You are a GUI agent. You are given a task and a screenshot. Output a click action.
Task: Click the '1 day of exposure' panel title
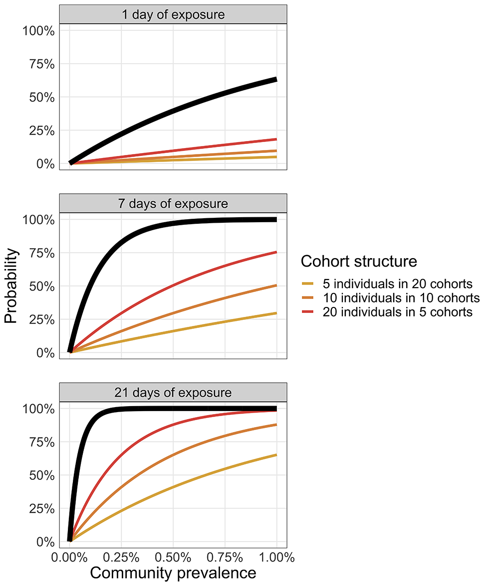point(173,14)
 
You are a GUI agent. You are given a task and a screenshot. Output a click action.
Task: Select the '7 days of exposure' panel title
point(173,204)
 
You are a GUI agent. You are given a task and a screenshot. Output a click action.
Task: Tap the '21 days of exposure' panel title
point(173,393)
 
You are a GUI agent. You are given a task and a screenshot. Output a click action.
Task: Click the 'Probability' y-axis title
point(11,286)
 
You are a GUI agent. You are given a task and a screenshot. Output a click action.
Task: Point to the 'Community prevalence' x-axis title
point(173,573)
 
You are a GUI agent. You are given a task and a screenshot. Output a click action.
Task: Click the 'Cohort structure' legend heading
point(359,261)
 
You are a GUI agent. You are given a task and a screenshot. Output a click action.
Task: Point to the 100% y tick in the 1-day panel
point(38,31)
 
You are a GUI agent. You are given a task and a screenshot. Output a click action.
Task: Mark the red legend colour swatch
point(307,312)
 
